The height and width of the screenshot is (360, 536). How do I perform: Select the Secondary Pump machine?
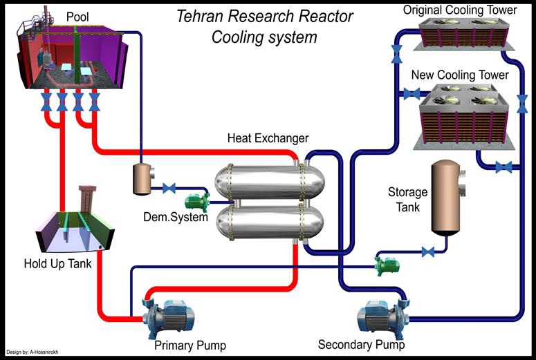coord(378,317)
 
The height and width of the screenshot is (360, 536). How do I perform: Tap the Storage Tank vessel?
coord(446,198)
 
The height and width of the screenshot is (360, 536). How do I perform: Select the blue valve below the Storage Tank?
coord(428,252)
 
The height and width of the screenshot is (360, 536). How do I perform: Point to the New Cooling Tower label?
coord(460,75)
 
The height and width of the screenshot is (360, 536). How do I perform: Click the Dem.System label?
coord(176,218)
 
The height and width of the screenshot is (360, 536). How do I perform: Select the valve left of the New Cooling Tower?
coord(412,93)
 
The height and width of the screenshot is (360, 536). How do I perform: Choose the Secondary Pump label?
coord(361,344)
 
